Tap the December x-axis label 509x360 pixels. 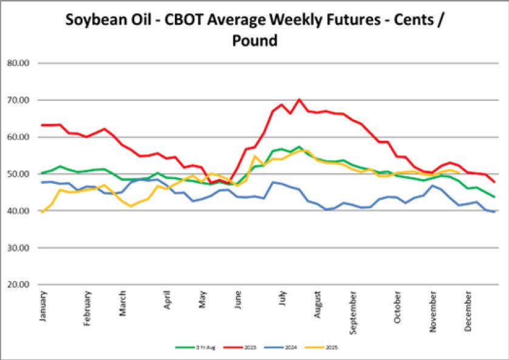click(468, 309)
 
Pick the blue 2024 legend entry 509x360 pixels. click(289, 348)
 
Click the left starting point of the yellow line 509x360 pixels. click(42, 212)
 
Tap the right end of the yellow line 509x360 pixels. click(459, 172)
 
